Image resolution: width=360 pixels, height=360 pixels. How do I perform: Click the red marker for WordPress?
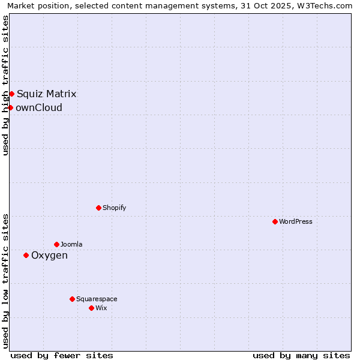[275, 221]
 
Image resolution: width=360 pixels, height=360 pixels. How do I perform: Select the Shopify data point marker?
[98, 208]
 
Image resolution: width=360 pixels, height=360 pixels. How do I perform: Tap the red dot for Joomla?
[56, 244]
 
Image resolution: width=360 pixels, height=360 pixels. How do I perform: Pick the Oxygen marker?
[26, 255]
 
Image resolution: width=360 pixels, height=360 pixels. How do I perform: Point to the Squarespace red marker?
[72, 299]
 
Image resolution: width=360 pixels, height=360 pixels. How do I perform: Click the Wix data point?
[91, 308]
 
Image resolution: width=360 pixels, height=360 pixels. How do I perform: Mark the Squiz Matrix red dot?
[11, 94]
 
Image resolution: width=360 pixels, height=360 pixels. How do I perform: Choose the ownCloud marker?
[10, 107]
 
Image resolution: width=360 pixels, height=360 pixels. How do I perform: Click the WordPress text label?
[296, 221]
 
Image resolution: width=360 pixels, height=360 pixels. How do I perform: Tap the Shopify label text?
[115, 208]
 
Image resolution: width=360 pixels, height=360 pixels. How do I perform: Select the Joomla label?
[71, 244]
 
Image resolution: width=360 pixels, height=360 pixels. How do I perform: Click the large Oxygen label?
[49, 256]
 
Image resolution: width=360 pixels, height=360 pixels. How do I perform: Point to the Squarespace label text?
[97, 299]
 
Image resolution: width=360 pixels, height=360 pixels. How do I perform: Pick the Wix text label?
[101, 308]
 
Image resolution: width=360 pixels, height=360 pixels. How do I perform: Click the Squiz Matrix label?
[46, 94]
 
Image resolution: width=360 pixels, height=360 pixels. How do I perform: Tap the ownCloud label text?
[39, 108]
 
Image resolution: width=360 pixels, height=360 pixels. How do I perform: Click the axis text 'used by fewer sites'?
[62, 355]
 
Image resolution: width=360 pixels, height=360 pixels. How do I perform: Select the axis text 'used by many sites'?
[301, 355]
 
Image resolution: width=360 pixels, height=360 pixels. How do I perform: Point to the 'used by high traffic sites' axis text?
[5, 85]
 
